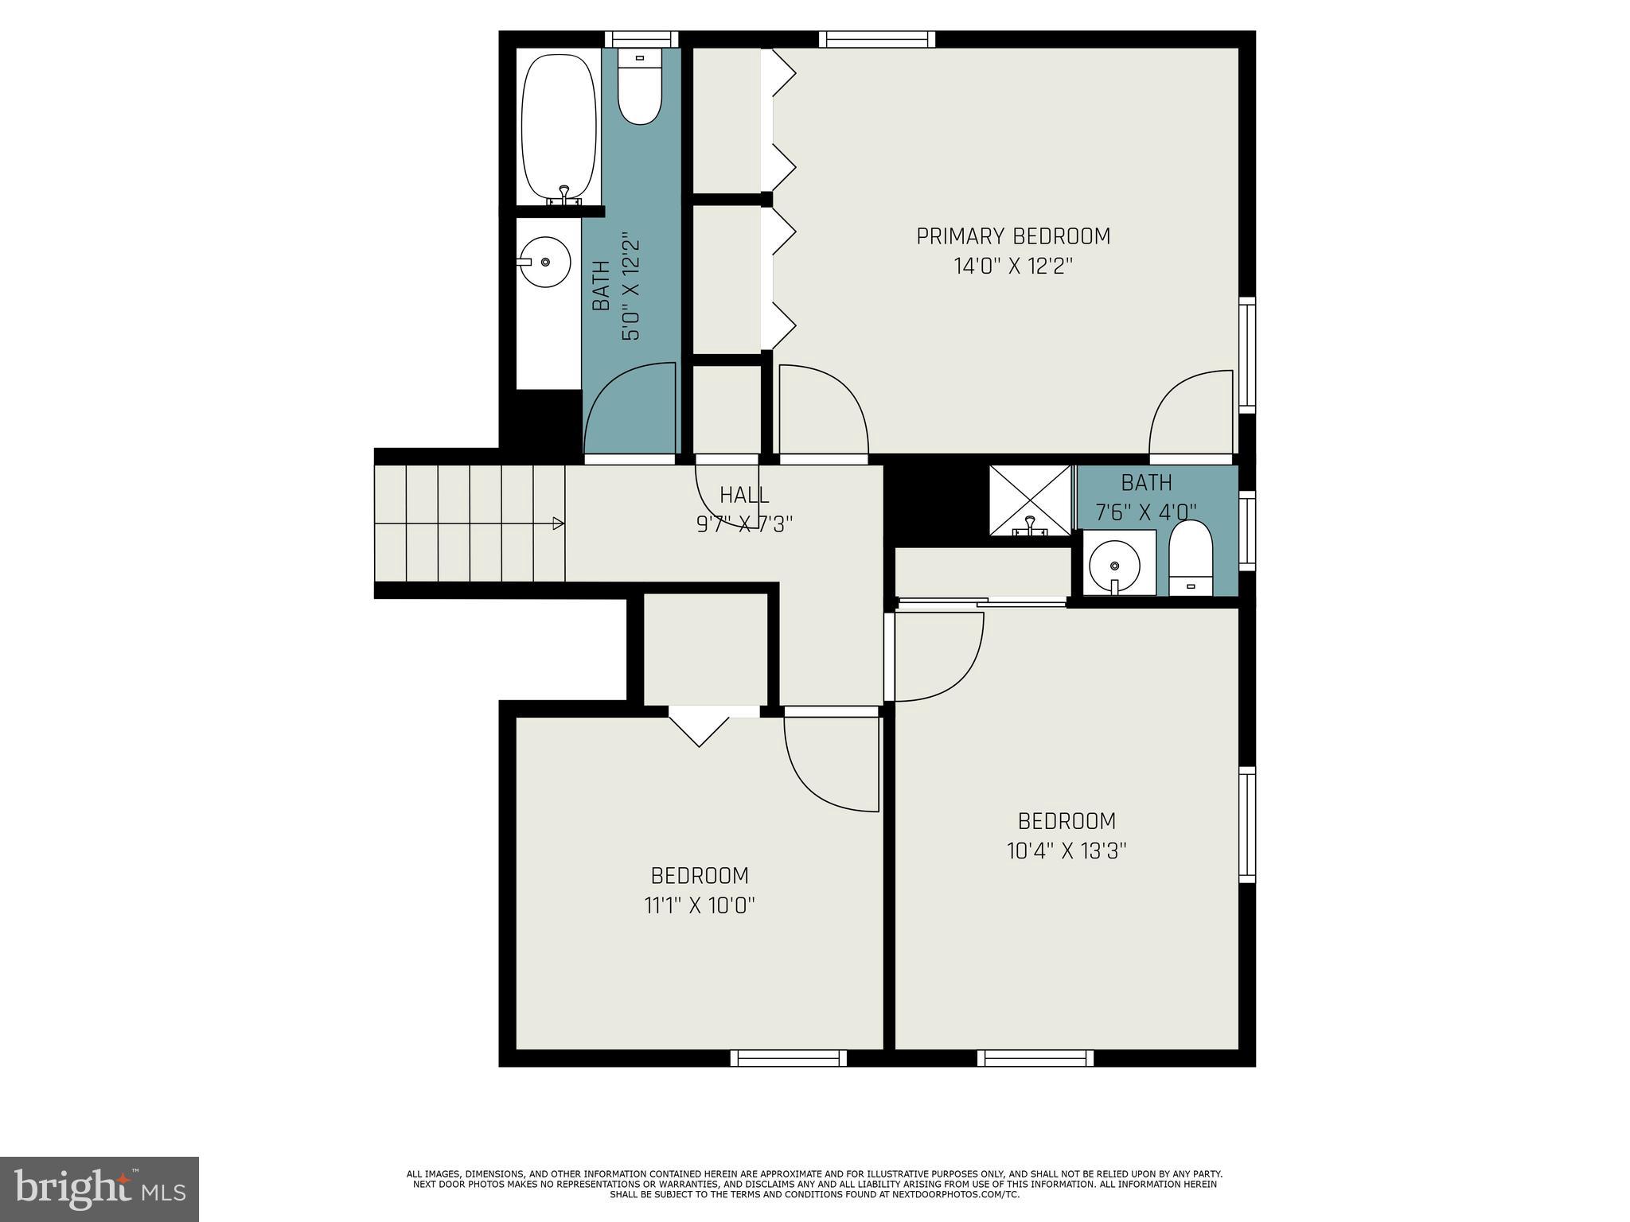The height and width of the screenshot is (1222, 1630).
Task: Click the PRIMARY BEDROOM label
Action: (x=1012, y=236)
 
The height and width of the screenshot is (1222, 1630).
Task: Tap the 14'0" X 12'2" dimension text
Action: (x=1013, y=267)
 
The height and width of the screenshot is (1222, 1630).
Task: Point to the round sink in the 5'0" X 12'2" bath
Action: (x=544, y=262)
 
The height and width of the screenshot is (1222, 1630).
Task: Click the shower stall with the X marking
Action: (x=1030, y=500)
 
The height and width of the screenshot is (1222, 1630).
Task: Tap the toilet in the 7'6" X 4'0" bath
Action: (x=1190, y=558)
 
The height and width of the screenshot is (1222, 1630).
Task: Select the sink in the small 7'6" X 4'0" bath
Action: (x=1114, y=564)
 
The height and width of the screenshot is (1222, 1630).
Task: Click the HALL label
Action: (x=744, y=495)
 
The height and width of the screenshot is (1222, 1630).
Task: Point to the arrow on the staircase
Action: (x=558, y=523)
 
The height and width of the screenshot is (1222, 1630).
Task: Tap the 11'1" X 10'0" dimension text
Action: (x=699, y=905)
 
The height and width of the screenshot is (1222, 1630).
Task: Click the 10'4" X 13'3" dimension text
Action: (x=1067, y=850)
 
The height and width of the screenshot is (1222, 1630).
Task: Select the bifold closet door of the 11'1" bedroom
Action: (x=699, y=727)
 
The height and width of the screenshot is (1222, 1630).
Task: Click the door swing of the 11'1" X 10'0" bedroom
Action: (x=828, y=764)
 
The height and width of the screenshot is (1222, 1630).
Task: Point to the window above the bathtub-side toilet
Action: (x=641, y=39)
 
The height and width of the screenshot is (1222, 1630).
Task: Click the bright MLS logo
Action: (x=99, y=1189)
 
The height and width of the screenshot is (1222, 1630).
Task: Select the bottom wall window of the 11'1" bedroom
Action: (x=788, y=1057)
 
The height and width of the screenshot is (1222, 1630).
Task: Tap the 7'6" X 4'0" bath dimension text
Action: (x=1146, y=512)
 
